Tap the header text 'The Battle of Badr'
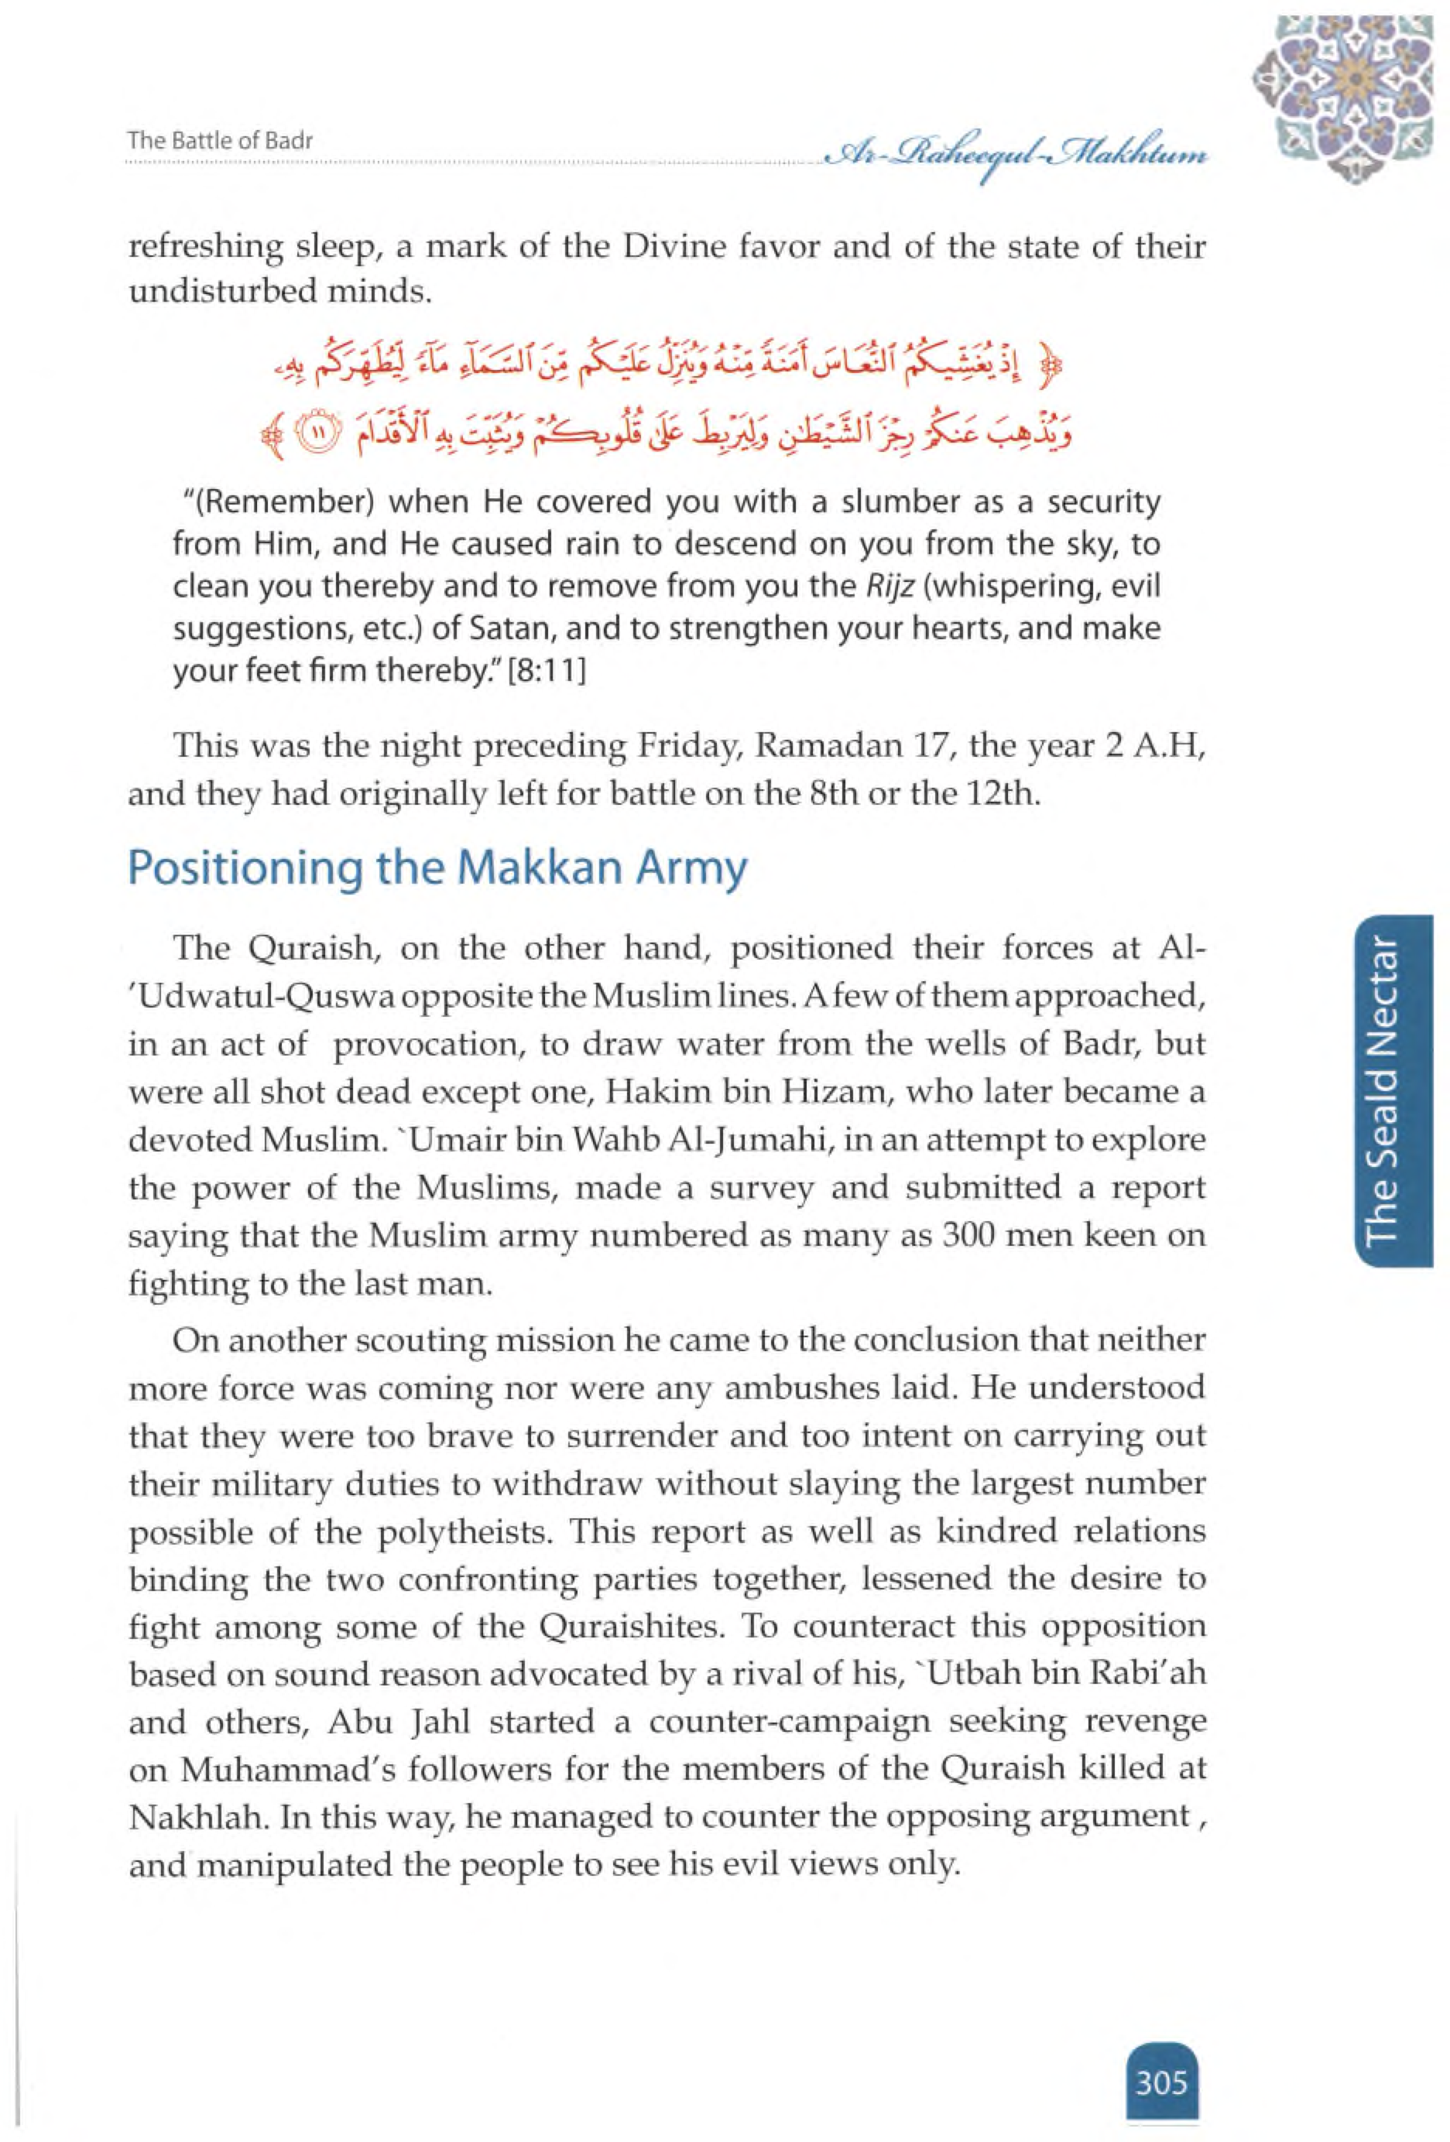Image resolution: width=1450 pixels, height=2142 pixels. [221, 141]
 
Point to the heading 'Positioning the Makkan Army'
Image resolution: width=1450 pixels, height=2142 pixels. [437, 868]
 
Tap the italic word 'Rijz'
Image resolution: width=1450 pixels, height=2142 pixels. [886, 587]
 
